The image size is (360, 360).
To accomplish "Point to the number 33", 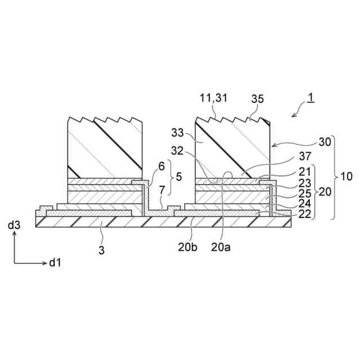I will click(178, 134).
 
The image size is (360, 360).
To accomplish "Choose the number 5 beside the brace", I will click(179, 176).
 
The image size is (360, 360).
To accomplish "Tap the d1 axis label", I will click(54, 263).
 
